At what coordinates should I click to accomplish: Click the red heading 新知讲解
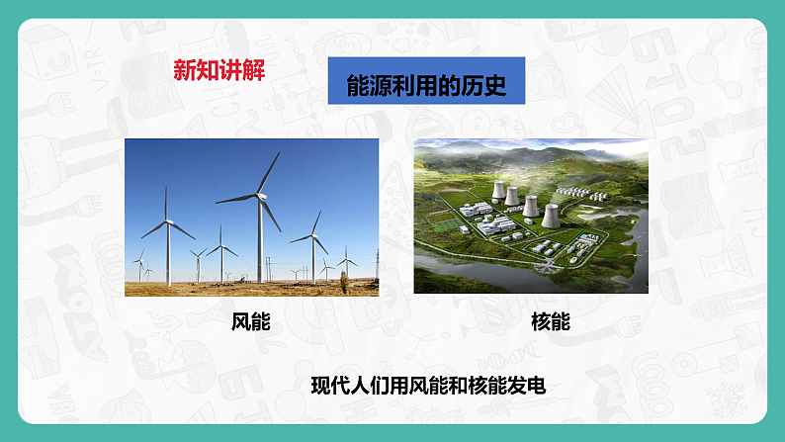pyautogui.click(x=218, y=71)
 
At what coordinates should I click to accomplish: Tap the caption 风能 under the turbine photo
pyautogui.click(x=251, y=322)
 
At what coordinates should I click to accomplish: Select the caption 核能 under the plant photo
pyautogui.click(x=550, y=322)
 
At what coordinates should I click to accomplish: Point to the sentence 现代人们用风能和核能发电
pyautogui.click(x=427, y=386)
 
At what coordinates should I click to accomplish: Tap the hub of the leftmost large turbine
pyautogui.click(x=166, y=222)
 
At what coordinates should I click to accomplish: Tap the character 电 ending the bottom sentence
pyautogui.click(x=535, y=386)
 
